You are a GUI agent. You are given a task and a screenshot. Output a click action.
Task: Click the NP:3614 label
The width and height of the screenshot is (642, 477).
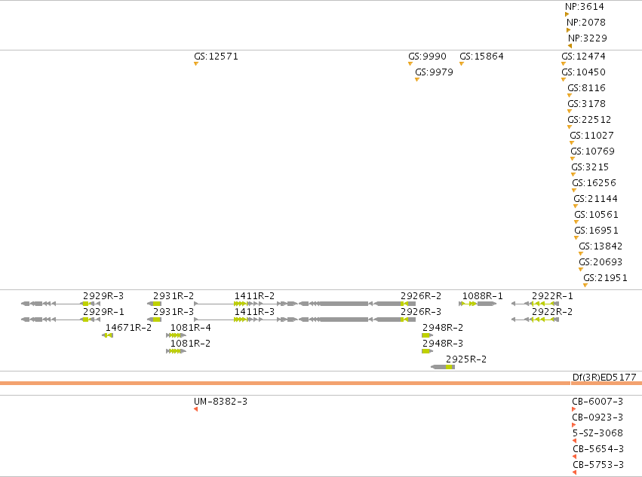[584, 7]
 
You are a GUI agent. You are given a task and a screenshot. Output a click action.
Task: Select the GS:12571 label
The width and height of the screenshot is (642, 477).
[216, 57]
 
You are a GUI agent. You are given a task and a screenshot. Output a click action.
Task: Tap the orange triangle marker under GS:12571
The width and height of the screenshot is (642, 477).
[196, 64]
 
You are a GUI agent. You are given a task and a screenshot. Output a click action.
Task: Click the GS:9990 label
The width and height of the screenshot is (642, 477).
[427, 57]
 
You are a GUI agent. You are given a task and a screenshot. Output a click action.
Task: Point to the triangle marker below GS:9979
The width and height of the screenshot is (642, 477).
[416, 80]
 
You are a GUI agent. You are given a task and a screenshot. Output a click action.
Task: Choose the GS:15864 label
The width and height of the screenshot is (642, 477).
[481, 57]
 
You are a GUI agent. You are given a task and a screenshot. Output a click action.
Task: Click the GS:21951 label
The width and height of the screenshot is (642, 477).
[605, 278]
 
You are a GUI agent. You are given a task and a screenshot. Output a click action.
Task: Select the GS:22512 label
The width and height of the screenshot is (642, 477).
[589, 120]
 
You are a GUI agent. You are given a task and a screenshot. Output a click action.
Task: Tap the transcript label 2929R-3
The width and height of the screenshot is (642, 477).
[103, 296]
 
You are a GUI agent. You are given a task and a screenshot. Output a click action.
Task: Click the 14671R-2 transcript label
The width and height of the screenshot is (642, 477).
[128, 328]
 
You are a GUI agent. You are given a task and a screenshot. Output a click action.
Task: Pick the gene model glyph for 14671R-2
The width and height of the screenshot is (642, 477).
[107, 335]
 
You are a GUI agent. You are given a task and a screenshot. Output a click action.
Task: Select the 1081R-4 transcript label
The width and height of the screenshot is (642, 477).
[190, 328]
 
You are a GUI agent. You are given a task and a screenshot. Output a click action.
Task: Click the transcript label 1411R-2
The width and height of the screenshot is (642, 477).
[254, 296]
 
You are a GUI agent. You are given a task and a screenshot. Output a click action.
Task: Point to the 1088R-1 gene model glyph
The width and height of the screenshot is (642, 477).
[478, 304]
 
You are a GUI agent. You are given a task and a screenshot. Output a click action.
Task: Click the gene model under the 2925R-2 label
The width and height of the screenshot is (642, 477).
[443, 367]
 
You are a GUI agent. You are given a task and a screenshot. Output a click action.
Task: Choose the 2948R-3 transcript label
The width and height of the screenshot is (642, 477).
[443, 343]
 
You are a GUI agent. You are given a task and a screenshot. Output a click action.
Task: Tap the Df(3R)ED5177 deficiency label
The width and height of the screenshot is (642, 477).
[604, 378]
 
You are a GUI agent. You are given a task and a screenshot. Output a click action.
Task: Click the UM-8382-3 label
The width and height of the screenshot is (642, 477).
[220, 402]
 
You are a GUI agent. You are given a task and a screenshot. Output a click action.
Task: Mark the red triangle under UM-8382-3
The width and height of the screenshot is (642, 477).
[195, 409]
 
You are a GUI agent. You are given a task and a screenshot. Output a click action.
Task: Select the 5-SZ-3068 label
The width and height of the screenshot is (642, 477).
[597, 433]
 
